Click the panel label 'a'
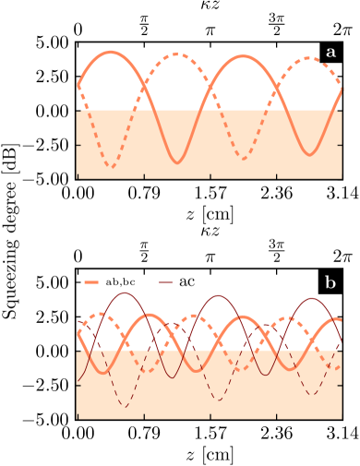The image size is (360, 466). (x=330, y=53)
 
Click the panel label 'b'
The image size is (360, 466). (x=330, y=282)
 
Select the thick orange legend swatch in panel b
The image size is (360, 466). (x=91, y=281)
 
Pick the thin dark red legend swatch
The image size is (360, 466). (x=166, y=281)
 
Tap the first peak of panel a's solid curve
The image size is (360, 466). (x=112, y=52)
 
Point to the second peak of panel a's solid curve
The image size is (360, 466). (x=244, y=56)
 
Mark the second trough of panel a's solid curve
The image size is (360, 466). (x=310, y=153)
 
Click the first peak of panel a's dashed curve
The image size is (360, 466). (x=176, y=54)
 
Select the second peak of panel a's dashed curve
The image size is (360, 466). (x=307, y=59)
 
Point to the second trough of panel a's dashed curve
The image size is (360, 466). (x=243, y=159)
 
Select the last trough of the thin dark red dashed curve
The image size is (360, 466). (x=311, y=395)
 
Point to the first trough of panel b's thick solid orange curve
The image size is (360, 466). (x=102, y=373)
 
